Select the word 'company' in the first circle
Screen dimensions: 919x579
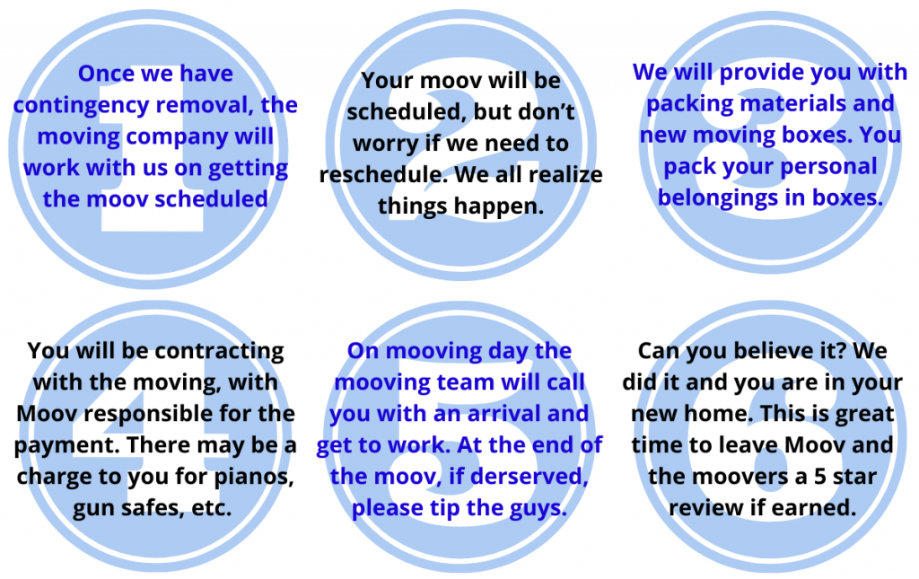178,137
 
